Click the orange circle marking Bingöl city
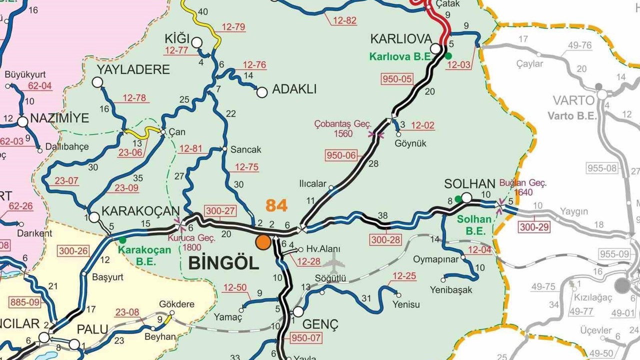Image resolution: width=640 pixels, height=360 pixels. (263, 242)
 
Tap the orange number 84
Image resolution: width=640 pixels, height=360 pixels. (277, 205)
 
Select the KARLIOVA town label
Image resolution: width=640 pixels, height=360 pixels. (400, 39)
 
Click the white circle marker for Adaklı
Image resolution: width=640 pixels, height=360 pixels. (261, 92)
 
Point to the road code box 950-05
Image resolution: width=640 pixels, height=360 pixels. (397, 78)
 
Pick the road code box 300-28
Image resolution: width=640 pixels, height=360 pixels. (386, 240)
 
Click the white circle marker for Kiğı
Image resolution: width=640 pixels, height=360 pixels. (197, 42)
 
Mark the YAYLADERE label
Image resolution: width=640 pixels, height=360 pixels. (133, 69)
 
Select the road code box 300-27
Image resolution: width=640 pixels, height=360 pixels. (220, 211)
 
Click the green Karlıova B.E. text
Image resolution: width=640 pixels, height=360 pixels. (400, 56)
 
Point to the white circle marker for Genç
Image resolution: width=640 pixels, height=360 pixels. (298, 312)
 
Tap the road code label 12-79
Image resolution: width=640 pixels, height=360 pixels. (233, 27)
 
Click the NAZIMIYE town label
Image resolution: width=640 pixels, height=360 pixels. (59, 118)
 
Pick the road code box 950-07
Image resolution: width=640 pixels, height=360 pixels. (305, 337)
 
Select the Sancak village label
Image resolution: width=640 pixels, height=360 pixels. (245, 149)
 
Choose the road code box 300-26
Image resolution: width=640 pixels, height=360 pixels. (73, 251)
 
